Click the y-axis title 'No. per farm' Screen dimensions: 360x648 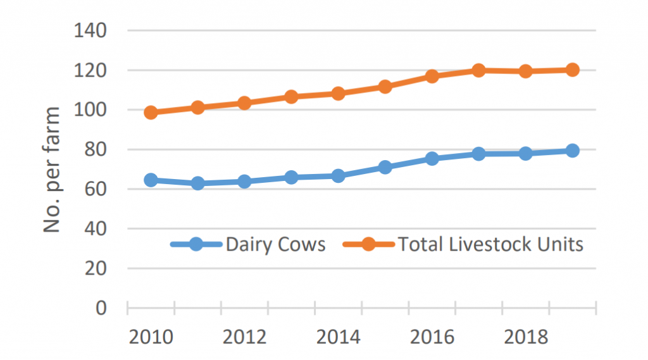[53, 169]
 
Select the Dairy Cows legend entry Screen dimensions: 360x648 [275, 245]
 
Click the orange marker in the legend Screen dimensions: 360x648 [369, 245]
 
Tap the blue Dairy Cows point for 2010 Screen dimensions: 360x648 [151, 180]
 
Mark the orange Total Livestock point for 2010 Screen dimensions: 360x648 [151, 113]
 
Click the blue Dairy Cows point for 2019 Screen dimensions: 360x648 [573, 151]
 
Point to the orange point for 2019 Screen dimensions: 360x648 [573, 70]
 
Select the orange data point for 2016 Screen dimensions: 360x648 [432, 77]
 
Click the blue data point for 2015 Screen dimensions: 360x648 [385, 168]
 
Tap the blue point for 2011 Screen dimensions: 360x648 [197, 183]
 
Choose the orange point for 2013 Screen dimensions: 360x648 [291, 97]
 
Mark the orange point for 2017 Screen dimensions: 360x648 [479, 70]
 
